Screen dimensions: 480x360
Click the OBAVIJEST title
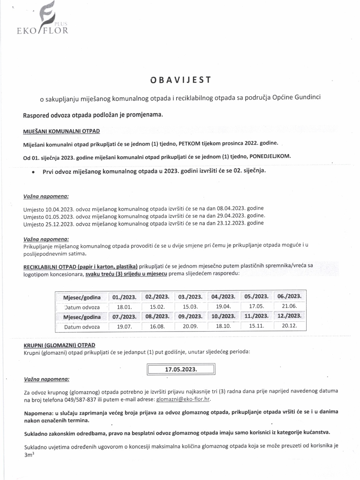pos(181,80)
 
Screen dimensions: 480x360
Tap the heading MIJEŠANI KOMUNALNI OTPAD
pos(61,131)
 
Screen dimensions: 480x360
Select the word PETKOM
pos(189,143)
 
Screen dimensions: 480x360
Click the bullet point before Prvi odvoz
pos(33,172)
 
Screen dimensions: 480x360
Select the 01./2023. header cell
pos(124,297)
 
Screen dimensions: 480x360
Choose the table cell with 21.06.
pos(289,306)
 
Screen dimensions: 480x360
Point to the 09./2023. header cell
pos(190,317)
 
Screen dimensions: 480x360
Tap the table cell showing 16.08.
pos(157,327)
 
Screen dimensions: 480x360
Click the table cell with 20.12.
pos(289,326)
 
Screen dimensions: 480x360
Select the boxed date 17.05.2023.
pos(181,369)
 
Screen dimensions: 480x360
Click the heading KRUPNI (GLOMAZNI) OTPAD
pos(59,345)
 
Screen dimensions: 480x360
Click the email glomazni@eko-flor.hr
pos(183,399)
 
